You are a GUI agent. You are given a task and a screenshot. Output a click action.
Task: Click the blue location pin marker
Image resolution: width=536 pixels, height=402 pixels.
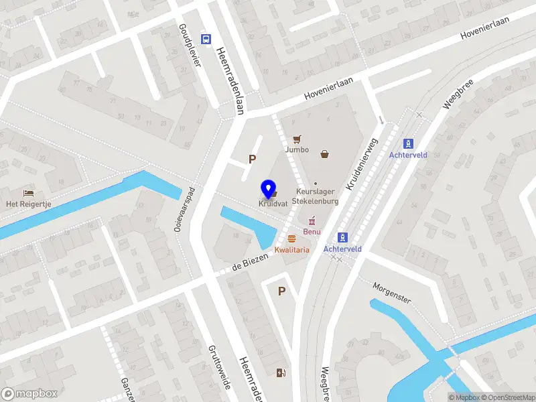point(269,190)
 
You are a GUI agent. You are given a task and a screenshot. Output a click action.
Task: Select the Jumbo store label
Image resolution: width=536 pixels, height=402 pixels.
point(297,149)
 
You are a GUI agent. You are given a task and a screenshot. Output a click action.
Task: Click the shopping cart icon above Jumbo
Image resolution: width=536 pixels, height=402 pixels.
point(297,139)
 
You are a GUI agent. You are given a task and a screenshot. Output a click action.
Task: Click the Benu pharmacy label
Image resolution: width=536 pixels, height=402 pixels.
point(312,232)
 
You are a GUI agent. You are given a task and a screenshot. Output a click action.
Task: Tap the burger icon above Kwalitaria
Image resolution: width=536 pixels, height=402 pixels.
point(291,239)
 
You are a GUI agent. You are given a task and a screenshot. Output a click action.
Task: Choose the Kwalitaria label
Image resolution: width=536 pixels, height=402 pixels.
point(291,249)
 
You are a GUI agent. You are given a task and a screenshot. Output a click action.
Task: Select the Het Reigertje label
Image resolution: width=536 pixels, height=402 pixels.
point(28,204)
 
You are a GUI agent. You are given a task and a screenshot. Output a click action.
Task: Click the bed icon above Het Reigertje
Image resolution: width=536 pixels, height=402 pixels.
point(28,194)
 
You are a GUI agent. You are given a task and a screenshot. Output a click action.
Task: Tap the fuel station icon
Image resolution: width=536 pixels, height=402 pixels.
point(279,373)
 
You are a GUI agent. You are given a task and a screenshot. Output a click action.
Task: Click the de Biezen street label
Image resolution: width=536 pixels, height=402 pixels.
point(245,265)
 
